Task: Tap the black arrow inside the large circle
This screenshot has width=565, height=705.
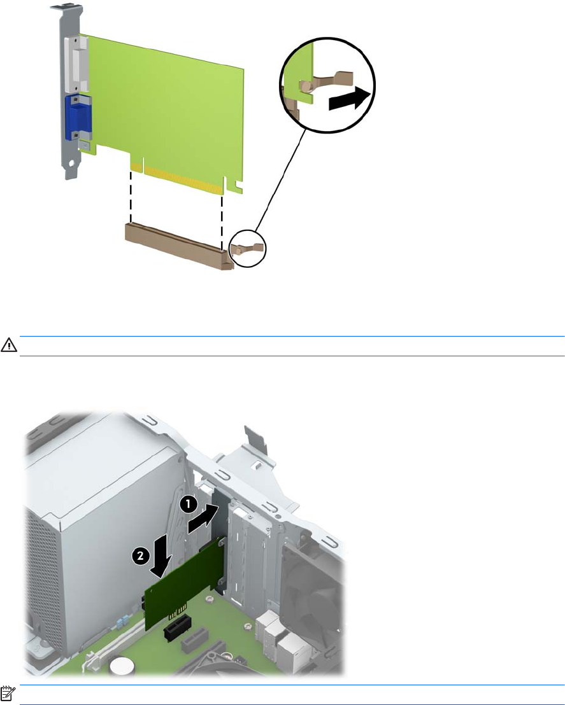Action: pos(350,98)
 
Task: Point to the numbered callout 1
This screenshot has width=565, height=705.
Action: pos(189,505)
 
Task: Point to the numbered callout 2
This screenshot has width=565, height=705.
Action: pos(141,555)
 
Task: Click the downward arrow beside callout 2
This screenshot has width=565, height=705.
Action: pos(161,555)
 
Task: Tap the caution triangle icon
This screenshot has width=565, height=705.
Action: pos(8,346)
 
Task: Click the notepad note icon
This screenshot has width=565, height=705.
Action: pos(8,694)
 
